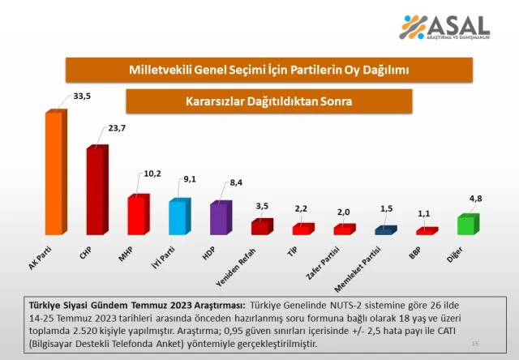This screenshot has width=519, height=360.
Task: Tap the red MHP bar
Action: click(x=137, y=215)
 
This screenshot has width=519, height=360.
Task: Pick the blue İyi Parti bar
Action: click(x=178, y=217)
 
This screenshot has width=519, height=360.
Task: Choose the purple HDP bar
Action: click(x=219, y=218)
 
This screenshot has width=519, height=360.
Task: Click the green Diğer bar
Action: click(x=466, y=225)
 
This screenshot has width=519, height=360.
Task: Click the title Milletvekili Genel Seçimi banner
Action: click(x=268, y=71)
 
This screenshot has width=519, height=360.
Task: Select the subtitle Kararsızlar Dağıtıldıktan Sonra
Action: click(x=268, y=102)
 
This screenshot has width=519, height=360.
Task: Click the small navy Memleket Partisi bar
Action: click(x=384, y=230)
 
